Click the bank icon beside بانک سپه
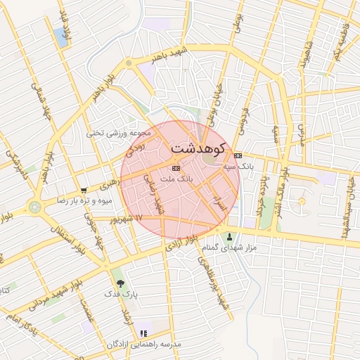pos(238,155)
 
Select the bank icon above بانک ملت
pos(176,169)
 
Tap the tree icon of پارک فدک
pos(120,283)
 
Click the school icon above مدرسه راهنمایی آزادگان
pos(143,333)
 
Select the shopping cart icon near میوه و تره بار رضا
pos(84,190)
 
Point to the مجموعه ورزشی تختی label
pos(119,132)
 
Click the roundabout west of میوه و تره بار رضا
pos(34,207)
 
